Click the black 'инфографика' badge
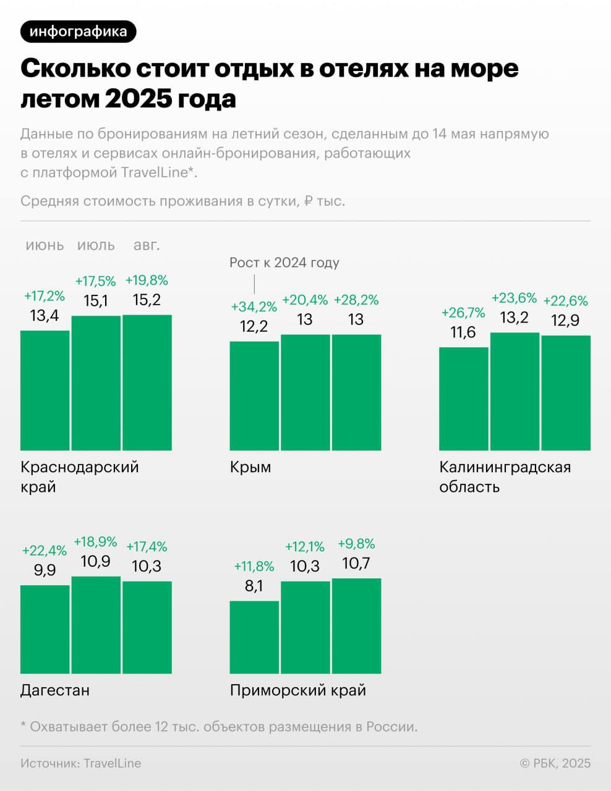click(x=78, y=32)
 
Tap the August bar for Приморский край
click(x=356, y=625)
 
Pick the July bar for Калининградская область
click(x=515, y=391)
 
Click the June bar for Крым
click(x=254, y=395)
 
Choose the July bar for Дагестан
click(x=96, y=624)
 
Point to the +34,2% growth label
click(x=254, y=307)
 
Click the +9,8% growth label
click(x=356, y=544)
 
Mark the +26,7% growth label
click(x=463, y=313)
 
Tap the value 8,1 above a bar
click(x=254, y=586)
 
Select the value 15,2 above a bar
click(x=147, y=300)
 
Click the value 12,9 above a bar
click(x=566, y=321)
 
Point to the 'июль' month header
click(x=96, y=245)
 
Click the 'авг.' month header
click(x=147, y=245)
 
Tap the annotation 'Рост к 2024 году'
click(x=284, y=263)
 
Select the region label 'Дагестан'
click(x=55, y=690)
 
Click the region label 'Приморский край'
click(x=298, y=690)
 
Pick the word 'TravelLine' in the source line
click(x=113, y=763)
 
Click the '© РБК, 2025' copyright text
click(x=555, y=763)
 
